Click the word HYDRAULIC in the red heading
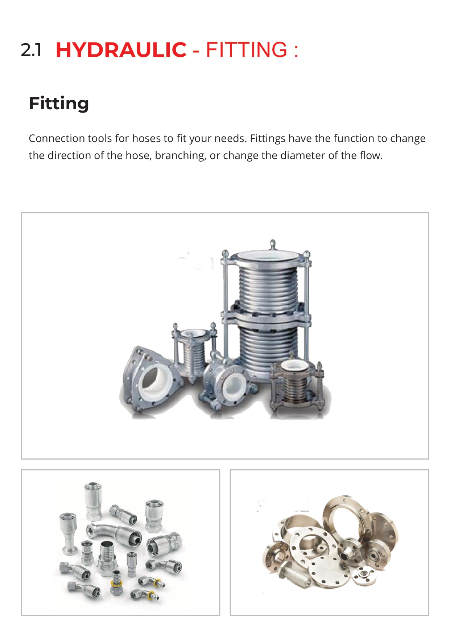click(121, 50)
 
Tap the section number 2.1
click(31, 50)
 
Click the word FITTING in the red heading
click(247, 50)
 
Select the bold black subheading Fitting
click(59, 104)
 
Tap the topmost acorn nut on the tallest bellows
click(273, 243)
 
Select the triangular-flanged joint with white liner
click(150, 378)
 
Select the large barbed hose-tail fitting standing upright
click(107, 557)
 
